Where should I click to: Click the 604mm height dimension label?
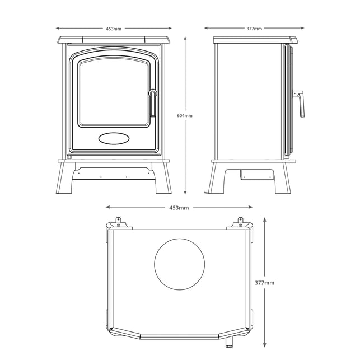click(x=185, y=116)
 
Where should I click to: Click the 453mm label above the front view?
click(x=114, y=29)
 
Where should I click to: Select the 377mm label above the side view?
click(x=254, y=29)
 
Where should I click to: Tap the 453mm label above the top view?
click(x=179, y=208)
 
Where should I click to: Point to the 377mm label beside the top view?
click(x=265, y=283)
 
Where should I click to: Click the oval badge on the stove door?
click(x=114, y=138)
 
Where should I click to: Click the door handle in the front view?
click(x=153, y=102)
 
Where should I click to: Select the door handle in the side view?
click(x=300, y=104)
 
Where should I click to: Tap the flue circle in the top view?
click(x=180, y=264)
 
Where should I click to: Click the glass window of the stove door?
click(x=114, y=92)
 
